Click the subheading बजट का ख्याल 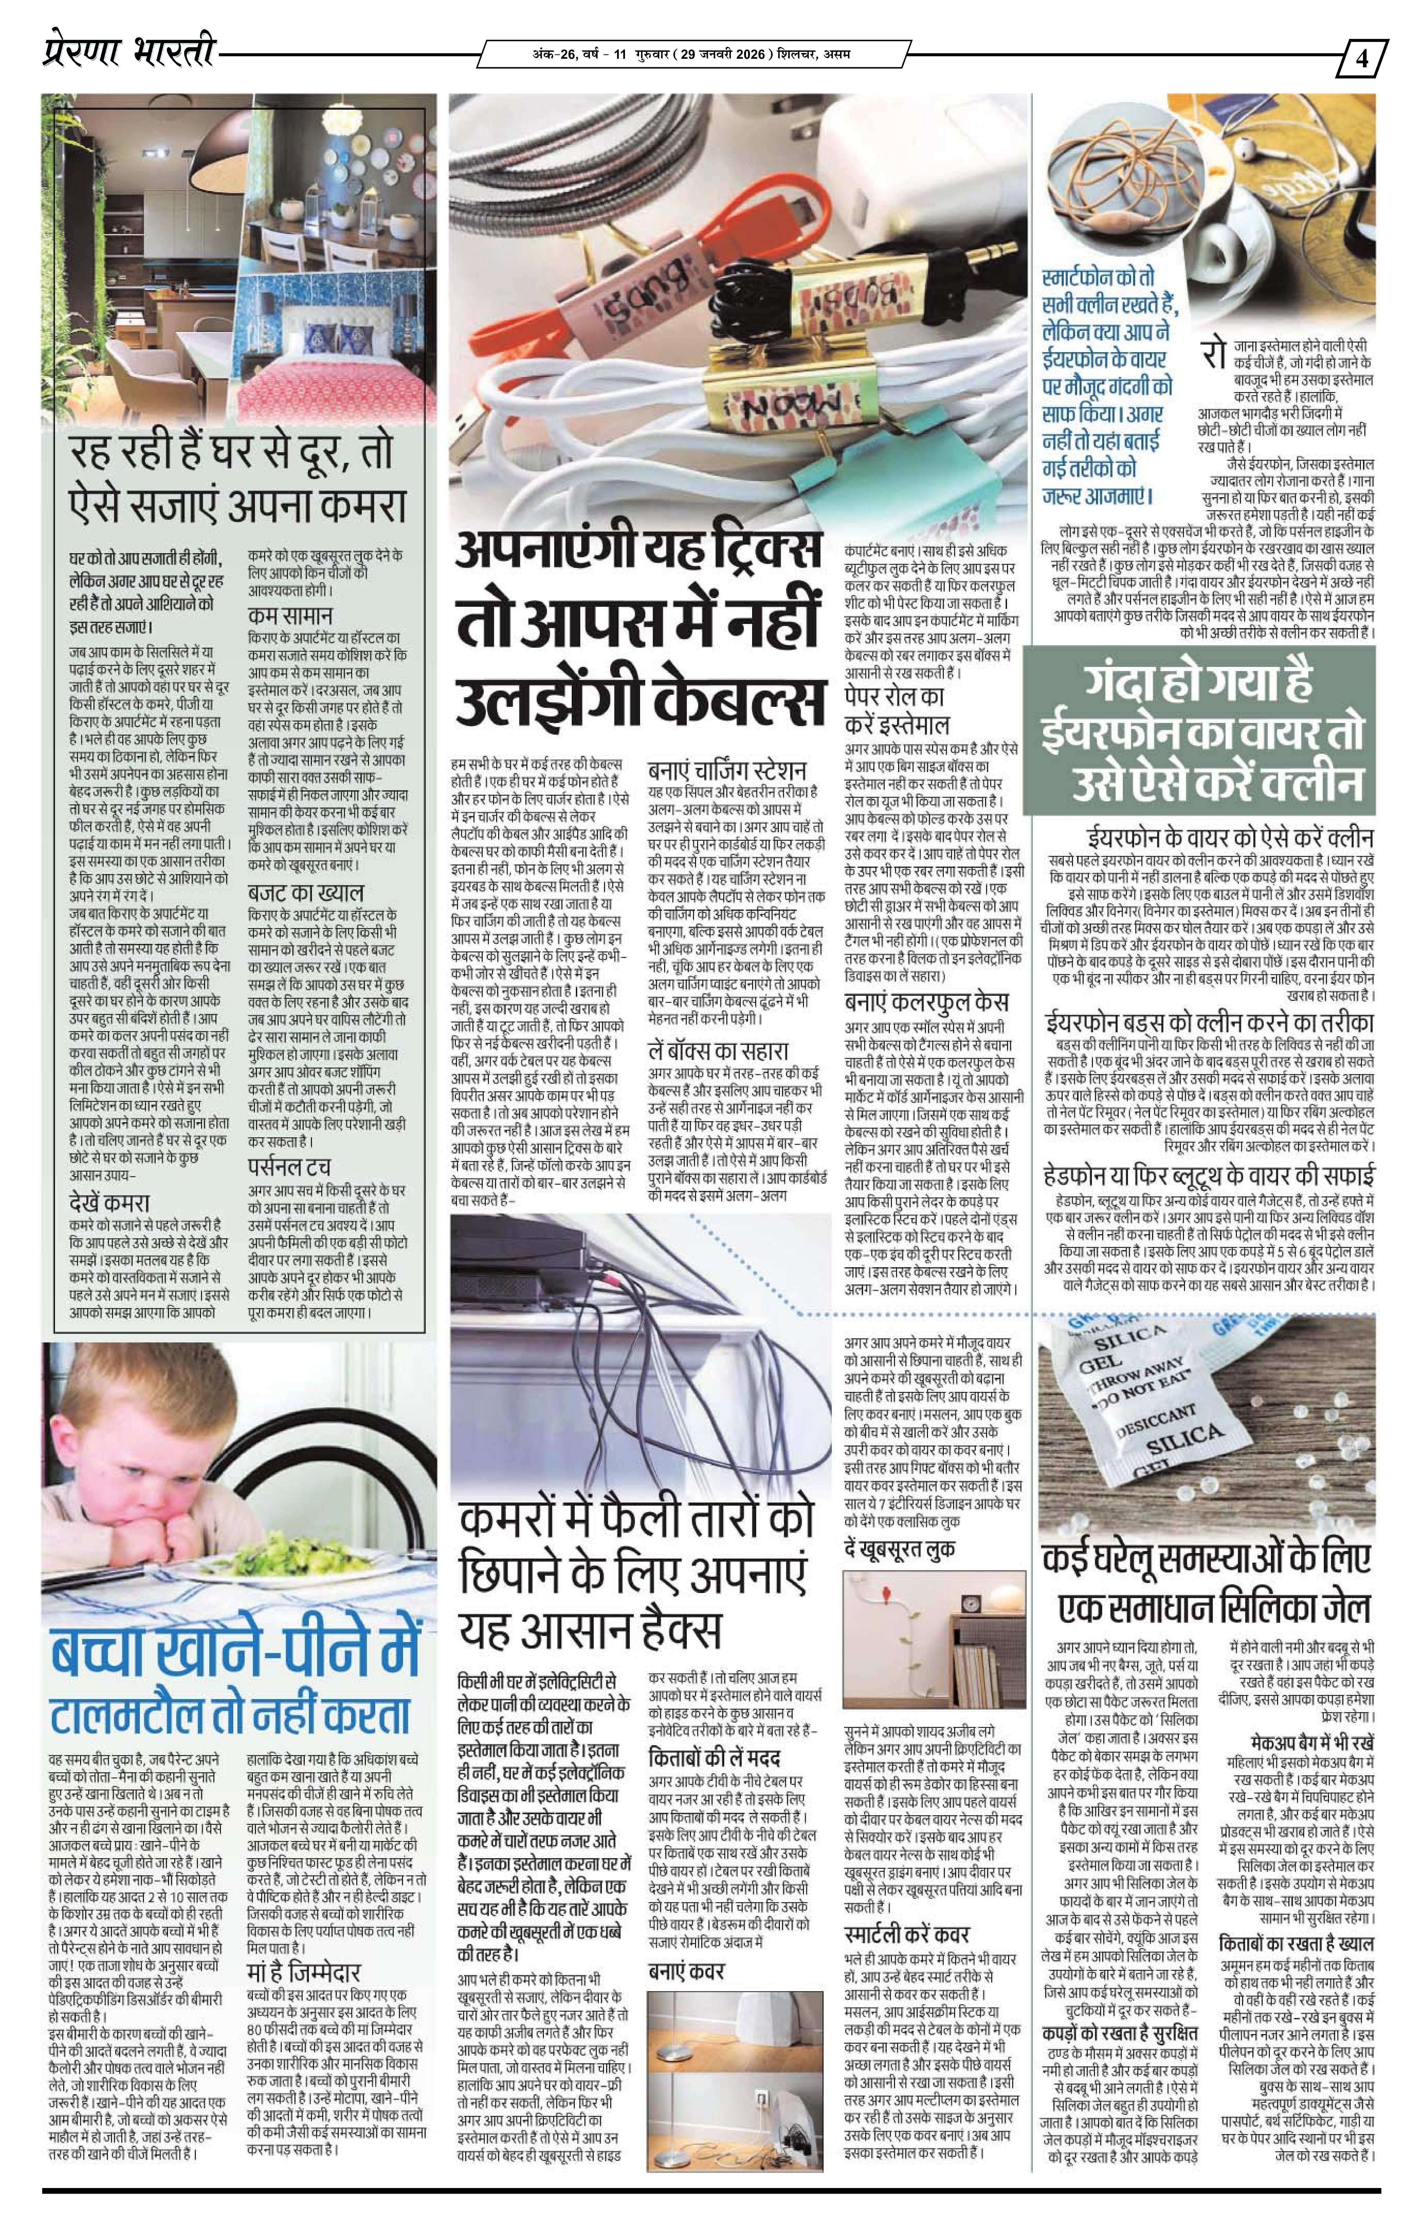305,894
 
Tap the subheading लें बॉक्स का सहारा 718,1050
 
